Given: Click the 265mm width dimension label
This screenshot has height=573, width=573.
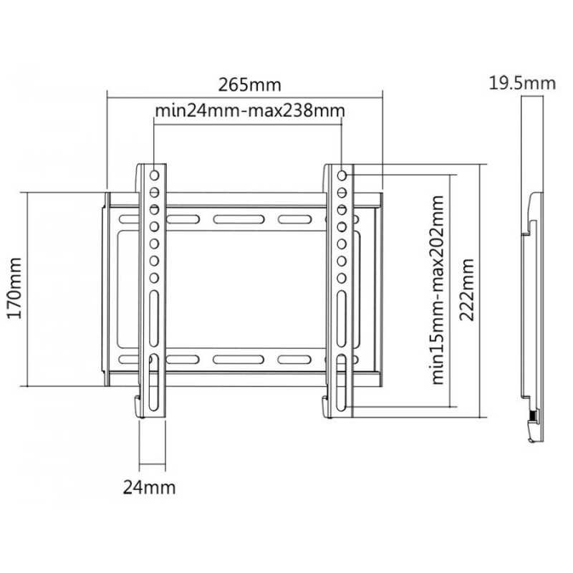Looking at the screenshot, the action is point(249,85).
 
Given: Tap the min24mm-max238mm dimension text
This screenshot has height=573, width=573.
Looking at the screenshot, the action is point(250,110).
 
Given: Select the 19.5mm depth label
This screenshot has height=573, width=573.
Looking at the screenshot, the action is point(522,83).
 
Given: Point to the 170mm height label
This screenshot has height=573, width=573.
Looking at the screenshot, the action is point(15,289).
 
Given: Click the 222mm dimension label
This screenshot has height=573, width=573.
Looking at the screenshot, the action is point(467,290).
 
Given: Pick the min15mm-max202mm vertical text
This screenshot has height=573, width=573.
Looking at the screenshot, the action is point(438,290).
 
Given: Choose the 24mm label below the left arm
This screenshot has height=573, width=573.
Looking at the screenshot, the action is point(149,488).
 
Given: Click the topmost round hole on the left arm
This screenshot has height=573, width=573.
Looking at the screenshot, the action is point(154,175).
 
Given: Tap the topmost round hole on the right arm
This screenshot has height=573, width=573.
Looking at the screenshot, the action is point(342,175).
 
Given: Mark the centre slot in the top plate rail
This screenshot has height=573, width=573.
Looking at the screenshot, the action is point(239,219).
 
